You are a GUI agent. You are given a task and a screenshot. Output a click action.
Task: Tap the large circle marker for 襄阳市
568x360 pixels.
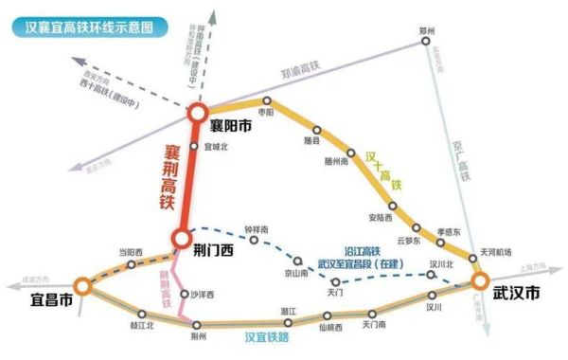(x=196, y=113)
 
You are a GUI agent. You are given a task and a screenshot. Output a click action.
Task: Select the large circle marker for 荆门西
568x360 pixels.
(x=181, y=238)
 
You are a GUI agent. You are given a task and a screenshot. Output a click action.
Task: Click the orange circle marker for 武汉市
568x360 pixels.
(x=479, y=280)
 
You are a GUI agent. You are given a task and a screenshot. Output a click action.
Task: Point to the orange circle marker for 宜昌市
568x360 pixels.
(x=82, y=283)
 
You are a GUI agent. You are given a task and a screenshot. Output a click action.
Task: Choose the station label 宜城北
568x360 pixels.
(x=218, y=146)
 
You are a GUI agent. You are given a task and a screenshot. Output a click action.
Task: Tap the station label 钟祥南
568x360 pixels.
(x=257, y=229)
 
